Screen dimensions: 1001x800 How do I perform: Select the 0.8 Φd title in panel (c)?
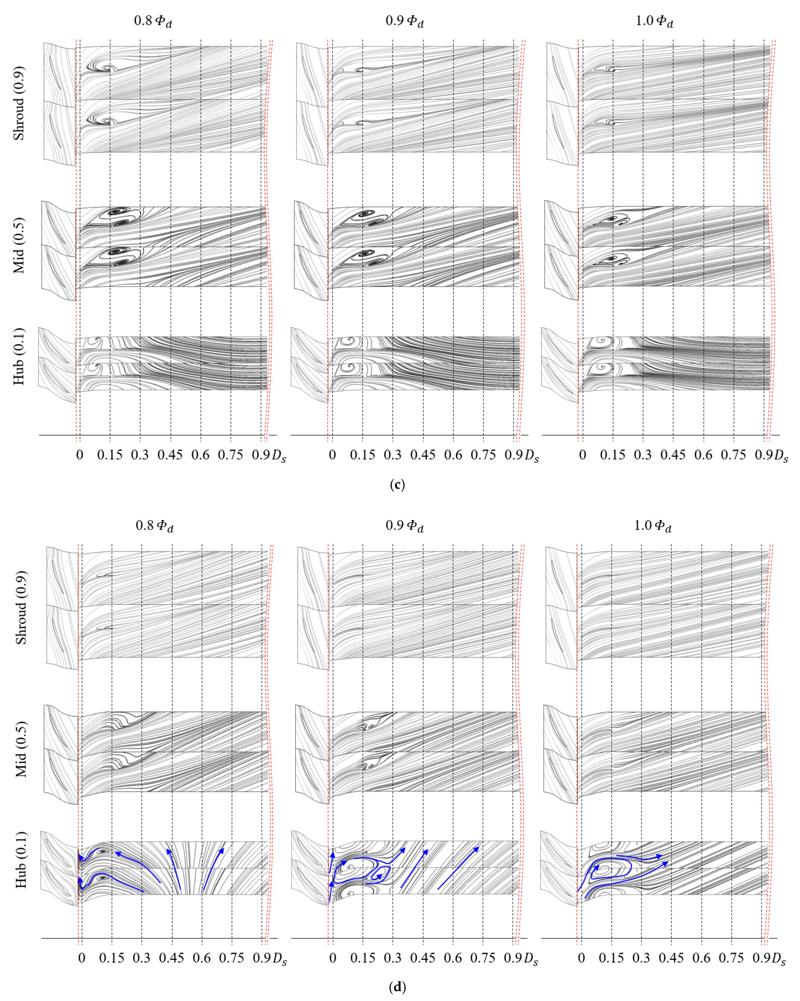(153, 21)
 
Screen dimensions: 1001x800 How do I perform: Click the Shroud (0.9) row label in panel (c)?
(19, 103)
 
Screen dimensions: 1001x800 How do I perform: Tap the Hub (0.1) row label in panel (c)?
(19, 356)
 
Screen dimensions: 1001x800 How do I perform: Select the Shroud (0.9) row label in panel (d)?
(21, 607)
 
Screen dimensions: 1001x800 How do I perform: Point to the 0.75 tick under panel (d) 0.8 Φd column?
(232, 958)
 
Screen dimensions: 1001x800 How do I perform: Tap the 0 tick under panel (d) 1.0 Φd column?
(581, 958)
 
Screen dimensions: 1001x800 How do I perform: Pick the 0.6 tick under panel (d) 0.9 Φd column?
(453, 958)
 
